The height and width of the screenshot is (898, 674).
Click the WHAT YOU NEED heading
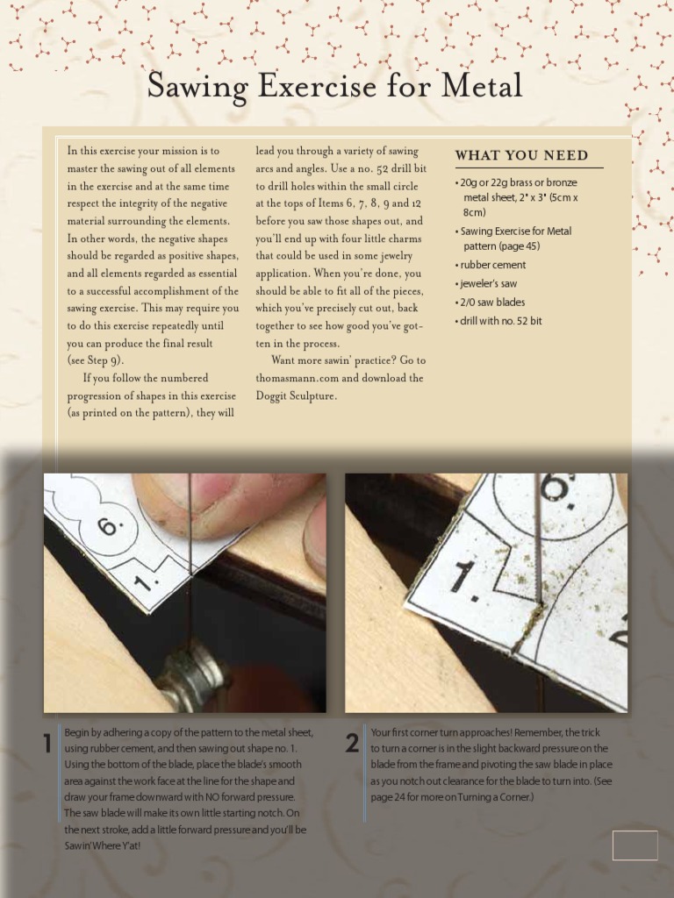point(521,155)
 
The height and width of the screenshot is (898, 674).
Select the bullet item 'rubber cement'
point(492,265)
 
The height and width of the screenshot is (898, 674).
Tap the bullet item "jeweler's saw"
point(488,283)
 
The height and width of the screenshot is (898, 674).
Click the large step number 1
point(48,744)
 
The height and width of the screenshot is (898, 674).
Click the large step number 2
point(352,744)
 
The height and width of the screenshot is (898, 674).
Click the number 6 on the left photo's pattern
point(107,526)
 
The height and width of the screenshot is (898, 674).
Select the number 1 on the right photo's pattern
point(463,579)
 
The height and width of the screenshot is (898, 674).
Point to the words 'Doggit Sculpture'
point(296,396)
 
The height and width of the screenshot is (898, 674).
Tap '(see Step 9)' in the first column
point(96,360)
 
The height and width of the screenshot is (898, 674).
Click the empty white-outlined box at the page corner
point(635,845)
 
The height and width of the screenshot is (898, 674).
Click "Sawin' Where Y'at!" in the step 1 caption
point(102,845)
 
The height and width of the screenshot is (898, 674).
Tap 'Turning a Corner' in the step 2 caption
point(484,797)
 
